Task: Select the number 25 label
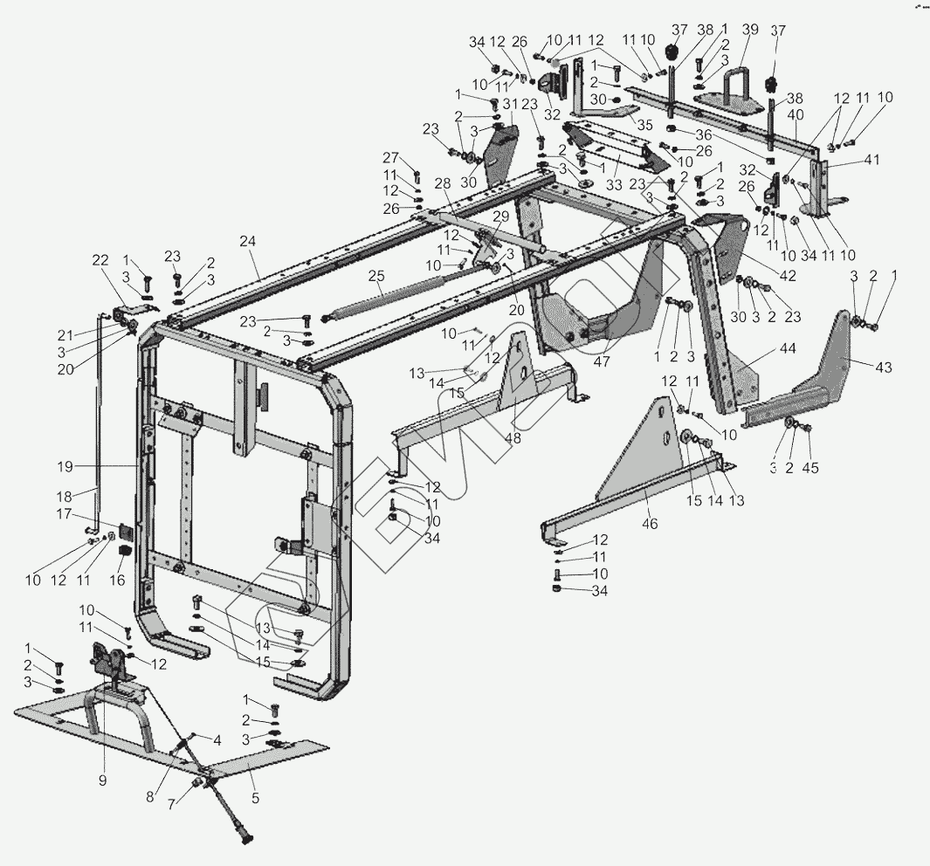click(376, 277)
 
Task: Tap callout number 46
click(650, 524)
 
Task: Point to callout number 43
click(884, 368)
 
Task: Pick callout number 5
click(255, 796)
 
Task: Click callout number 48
click(513, 438)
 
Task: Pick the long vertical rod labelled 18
click(98, 419)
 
